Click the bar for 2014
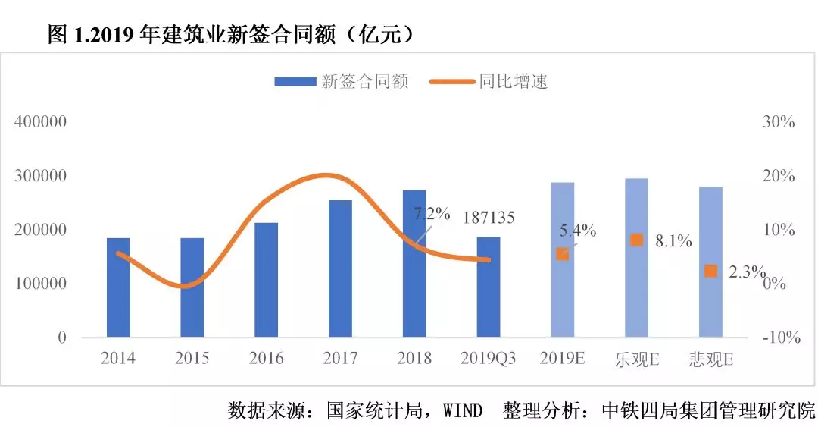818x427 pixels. [x=118, y=287]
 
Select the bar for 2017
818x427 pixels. [x=340, y=268]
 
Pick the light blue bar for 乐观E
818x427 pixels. [x=636, y=258]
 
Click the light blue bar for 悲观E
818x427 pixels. [x=710, y=262]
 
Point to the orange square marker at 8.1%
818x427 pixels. [x=636, y=240]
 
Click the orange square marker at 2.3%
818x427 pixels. [x=710, y=271]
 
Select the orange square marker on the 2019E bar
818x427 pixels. [x=562, y=254]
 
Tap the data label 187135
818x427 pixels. [x=488, y=218]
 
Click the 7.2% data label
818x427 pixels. [x=432, y=213]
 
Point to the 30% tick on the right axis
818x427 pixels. [x=778, y=122]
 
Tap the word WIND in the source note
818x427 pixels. [x=463, y=411]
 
